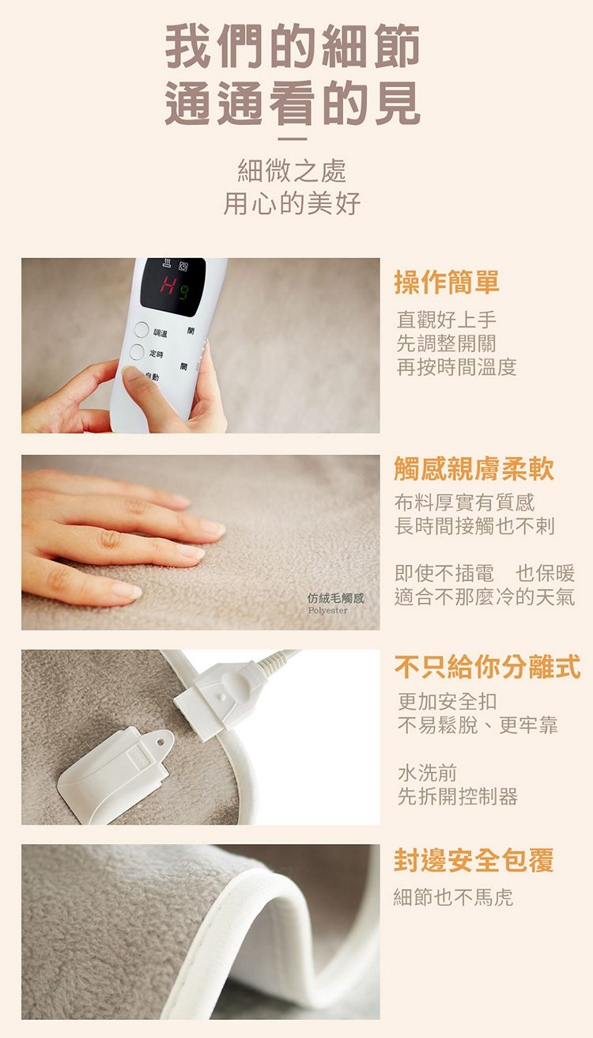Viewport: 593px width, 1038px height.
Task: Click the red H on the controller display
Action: coord(168,283)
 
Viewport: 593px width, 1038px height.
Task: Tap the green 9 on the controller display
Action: coord(184,293)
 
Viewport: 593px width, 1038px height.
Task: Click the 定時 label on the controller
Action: coord(156,354)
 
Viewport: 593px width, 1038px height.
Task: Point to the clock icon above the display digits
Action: coord(183,266)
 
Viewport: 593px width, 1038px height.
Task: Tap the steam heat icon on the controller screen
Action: coord(167,264)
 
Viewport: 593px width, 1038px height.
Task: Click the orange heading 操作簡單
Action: coord(447,282)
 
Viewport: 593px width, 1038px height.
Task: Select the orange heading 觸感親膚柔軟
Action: coord(474,468)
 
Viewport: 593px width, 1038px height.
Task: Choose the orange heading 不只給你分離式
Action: coord(487,667)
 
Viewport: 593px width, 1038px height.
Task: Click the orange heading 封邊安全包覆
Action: coord(474,861)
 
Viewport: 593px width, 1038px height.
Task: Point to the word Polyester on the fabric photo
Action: coord(327,611)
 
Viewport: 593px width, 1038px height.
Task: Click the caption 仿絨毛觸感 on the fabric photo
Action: coord(336,598)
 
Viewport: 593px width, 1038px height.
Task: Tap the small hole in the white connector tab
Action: coord(161,741)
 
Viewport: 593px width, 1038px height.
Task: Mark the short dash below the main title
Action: coord(293,138)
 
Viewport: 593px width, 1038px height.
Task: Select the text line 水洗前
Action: coord(428,772)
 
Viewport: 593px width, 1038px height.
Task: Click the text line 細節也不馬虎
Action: coord(453,897)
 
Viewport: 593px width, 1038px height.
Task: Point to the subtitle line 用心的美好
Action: coord(292,204)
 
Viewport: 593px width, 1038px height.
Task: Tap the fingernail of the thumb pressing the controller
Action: coord(131,373)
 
